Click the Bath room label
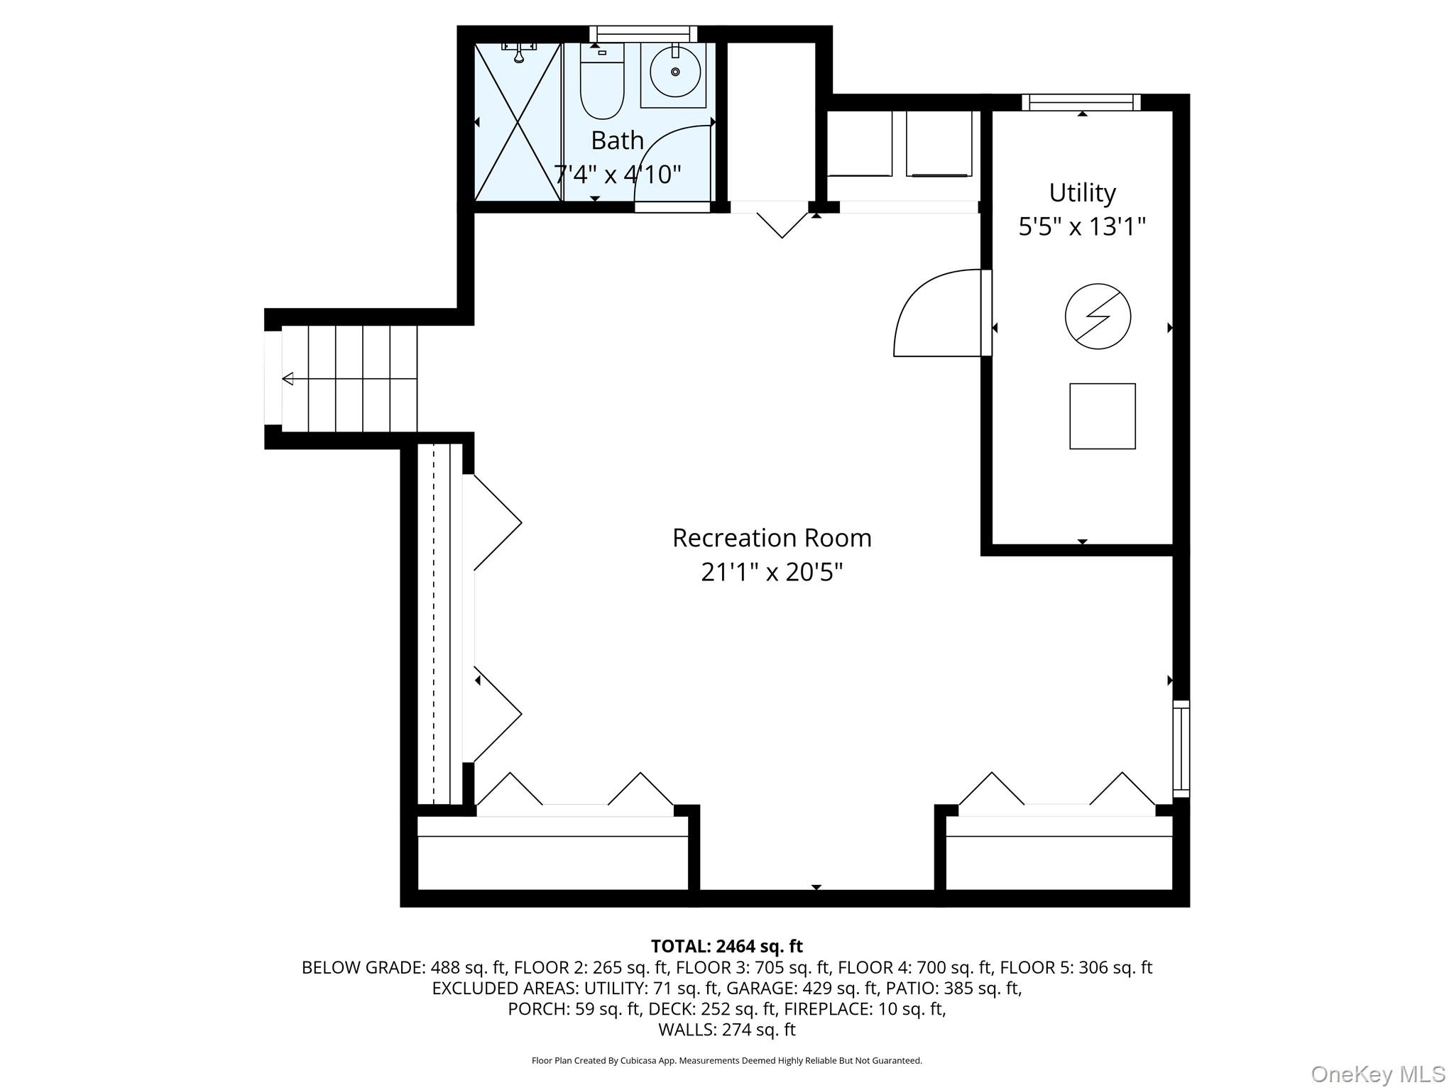[617, 141]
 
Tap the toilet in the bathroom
[602, 81]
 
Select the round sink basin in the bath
[674, 72]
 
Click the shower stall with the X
[518, 121]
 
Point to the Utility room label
[1082, 193]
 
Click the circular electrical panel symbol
[1098, 316]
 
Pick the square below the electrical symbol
[1103, 416]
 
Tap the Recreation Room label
[772, 538]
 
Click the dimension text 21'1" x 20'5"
[772, 572]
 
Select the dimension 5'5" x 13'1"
[1082, 227]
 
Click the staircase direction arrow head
[288, 379]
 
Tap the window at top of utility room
[1081, 102]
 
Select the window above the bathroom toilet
[643, 34]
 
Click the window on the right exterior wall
[1181, 749]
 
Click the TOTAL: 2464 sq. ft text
[726, 946]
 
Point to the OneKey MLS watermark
[1377, 1074]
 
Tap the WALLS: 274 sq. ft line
[726, 1029]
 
